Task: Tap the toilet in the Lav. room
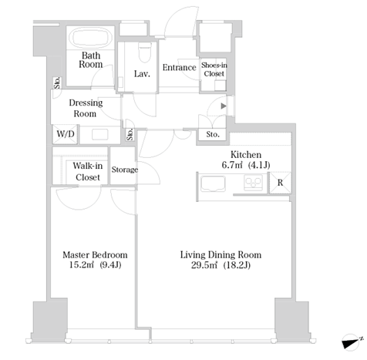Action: click(145, 52)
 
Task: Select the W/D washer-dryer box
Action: click(65, 134)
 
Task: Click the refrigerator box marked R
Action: click(280, 183)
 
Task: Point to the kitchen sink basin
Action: click(213, 183)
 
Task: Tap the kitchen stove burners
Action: click(253, 183)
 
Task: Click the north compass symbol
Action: click(352, 342)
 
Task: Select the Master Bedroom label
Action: click(95, 255)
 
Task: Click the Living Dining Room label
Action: click(221, 255)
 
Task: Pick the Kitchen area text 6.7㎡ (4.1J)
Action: click(246, 165)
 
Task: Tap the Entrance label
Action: click(180, 67)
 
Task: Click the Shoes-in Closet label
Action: click(214, 69)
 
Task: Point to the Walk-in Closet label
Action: click(88, 171)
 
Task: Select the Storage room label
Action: click(124, 170)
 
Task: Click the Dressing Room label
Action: click(86, 108)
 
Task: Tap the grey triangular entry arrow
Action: click(224, 106)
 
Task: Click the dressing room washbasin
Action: click(99, 134)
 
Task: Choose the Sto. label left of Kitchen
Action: click(213, 134)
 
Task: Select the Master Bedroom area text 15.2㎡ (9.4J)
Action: click(95, 265)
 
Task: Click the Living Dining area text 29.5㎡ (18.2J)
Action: click(221, 265)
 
